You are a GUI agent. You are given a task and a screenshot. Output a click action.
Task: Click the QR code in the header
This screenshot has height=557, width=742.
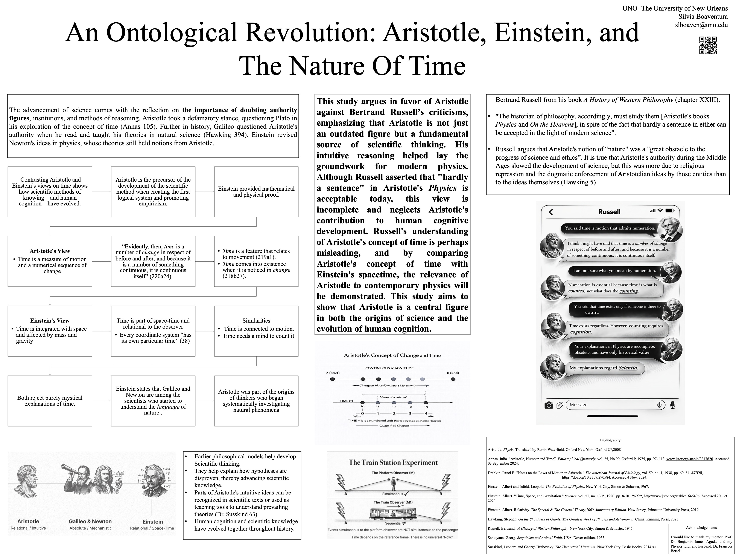coord(708,45)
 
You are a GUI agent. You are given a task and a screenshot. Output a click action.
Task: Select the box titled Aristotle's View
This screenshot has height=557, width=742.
coord(50,261)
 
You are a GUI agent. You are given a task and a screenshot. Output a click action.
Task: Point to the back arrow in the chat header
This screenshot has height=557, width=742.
coord(550,212)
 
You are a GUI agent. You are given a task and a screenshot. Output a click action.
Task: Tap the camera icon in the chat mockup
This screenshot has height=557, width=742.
coord(549,405)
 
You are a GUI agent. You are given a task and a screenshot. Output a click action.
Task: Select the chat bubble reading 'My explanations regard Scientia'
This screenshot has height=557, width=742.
coord(604,368)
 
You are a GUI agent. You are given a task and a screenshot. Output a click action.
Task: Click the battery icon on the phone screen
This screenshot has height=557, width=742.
coord(670,211)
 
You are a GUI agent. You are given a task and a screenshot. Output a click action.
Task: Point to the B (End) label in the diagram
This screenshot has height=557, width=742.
coord(453,373)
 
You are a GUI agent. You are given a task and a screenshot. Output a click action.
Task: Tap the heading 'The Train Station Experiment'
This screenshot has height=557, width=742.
coord(393,463)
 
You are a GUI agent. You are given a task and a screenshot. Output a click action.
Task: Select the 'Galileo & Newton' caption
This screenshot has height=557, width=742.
coord(90,521)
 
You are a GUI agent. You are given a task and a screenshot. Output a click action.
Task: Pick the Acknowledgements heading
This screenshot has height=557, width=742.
coord(701,528)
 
